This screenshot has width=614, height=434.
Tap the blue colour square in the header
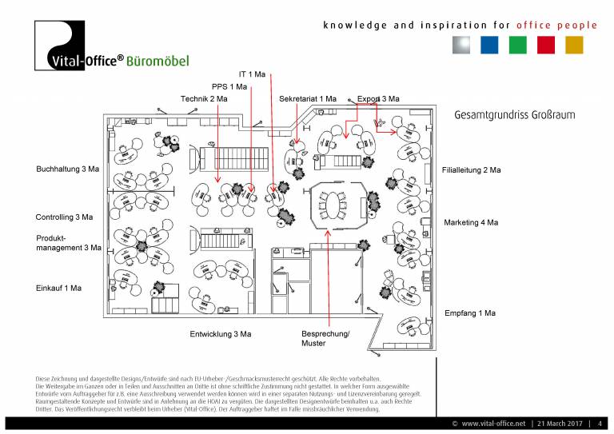pyautogui.click(x=489, y=45)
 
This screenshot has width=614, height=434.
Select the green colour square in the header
pyautogui.click(x=517, y=45)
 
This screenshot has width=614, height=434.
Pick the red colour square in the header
pyautogui.click(x=546, y=45)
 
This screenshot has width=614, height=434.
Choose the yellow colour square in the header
pyautogui.click(x=574, y=45)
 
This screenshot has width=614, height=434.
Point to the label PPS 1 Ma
pyautogui.click(x=229, y=86)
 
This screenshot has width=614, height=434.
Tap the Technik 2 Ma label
pyautogui.click(x=204, y=98)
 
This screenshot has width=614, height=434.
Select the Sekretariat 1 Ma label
pyautogui.click(x=308, y=98)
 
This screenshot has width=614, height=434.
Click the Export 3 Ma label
pyautogui.click(x=378, y=98)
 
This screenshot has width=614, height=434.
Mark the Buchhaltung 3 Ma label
pyautogui.click(x=68, y=169)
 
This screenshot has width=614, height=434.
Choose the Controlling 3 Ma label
pyautogui.click(x=64, y=217)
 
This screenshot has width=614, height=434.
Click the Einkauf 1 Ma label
pyautogui.click(x=58, y=287)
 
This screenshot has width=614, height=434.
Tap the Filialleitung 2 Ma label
pyautogui.click(x=472, y=170)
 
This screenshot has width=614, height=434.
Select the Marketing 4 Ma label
pyautogui.click(x=471, y=222)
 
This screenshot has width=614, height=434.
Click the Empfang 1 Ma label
pyautogui.click(x=470, y=313)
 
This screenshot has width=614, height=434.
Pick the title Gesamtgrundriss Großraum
pyautogui.click(x=514, y=115)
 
